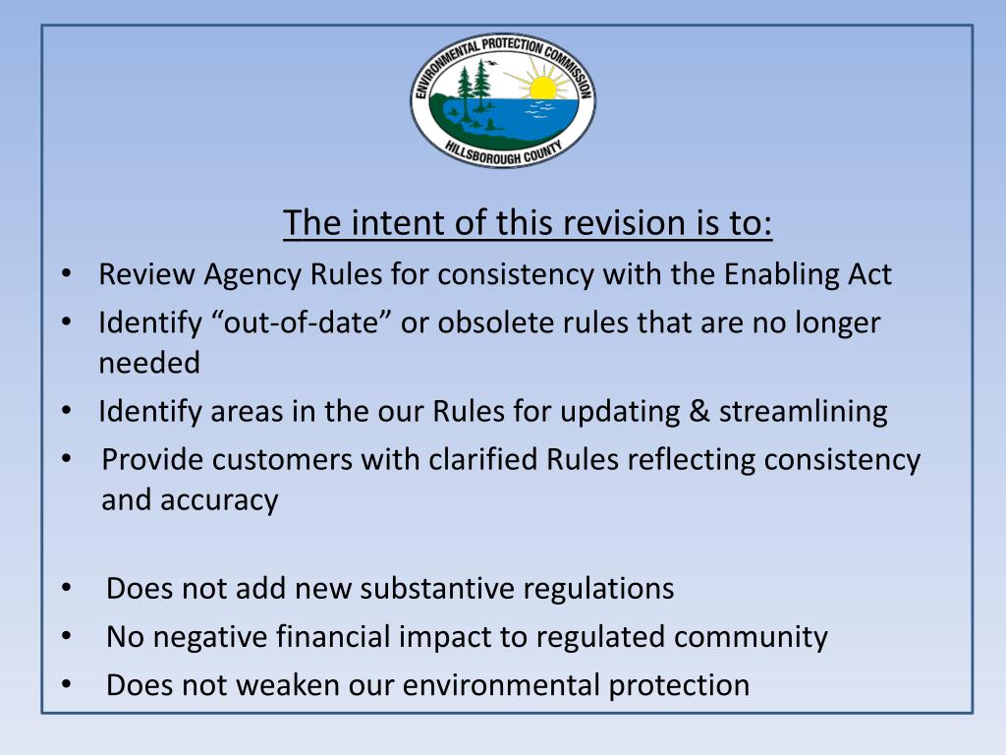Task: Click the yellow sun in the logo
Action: click(x=542, y=88)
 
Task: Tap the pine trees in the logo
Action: click(x=473, y=86)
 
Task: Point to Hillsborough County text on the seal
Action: click(x=503, y=152)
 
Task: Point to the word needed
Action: click(x=148, y=363)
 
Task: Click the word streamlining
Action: click(x=803, y=411)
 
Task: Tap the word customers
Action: click(x=286, y=459)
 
